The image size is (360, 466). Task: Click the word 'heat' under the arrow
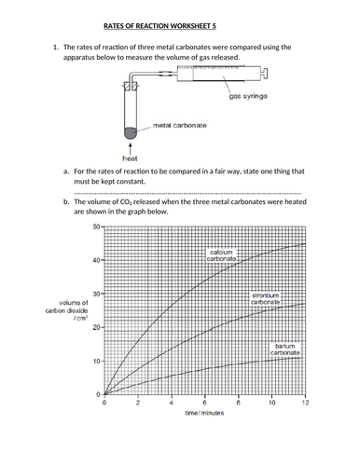(132, 158)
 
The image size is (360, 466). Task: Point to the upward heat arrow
(132, 144)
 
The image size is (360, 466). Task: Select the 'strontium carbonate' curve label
(267, 298)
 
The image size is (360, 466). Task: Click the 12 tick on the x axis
(305, 403)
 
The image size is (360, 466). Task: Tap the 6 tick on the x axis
(205, 403)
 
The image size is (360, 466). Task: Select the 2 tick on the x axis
(138, 403)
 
